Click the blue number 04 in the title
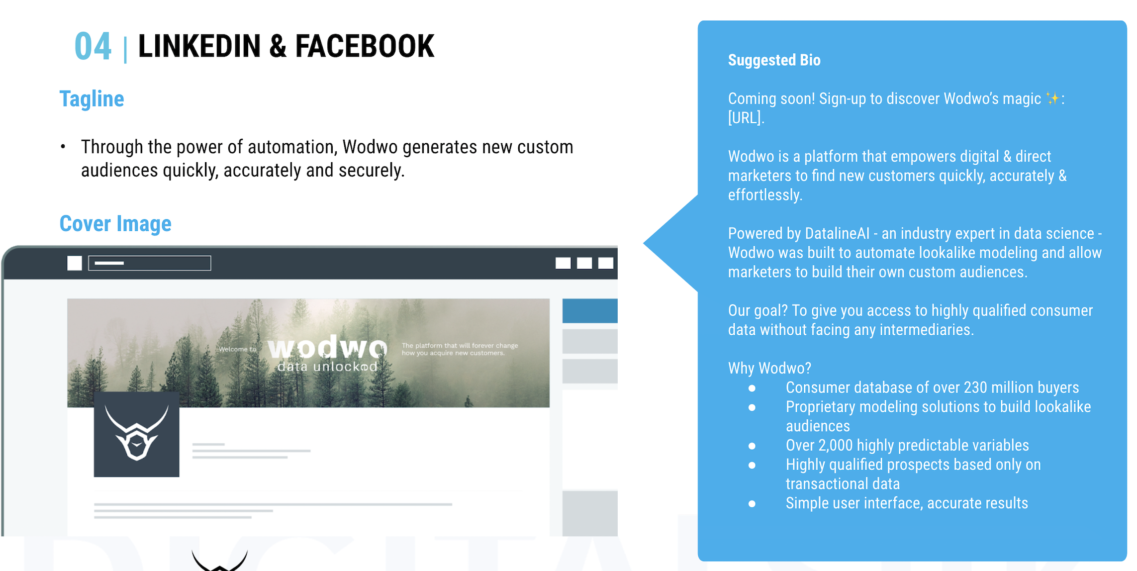pyautogui.click(x=93, y=46)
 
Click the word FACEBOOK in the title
pyautogui.click(x=365, y=46)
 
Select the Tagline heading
pyautogui.click(x=92, y=98)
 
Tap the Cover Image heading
pyautogui.click(x=115, y=224)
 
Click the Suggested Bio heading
pyautogui.click(x=774, y=60)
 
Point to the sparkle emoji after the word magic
pyautogui.click(x=1052, y=98)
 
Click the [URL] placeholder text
pyautogui.click(x=746, y=118)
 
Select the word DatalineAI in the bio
pyautogui.click(x=838, y=233)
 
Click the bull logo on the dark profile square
pyautogui.click(x=136, y=432)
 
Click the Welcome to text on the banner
pyautogui.click(x=237, y=349)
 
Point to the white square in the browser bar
pyautogui.click(x=75, y=263)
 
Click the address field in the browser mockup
pyautogui.click(x=150, y=263)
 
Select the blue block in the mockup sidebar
pyautogui.click(x=590, y=311)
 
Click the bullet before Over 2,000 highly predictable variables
pyautogui.click(x=752, y=446)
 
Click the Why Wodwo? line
pyautogui.click(x=769, y=368)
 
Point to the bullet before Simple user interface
pyautogui.click(x=752, y=504)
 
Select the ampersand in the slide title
pyautogui.click(x=278, y=46)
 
